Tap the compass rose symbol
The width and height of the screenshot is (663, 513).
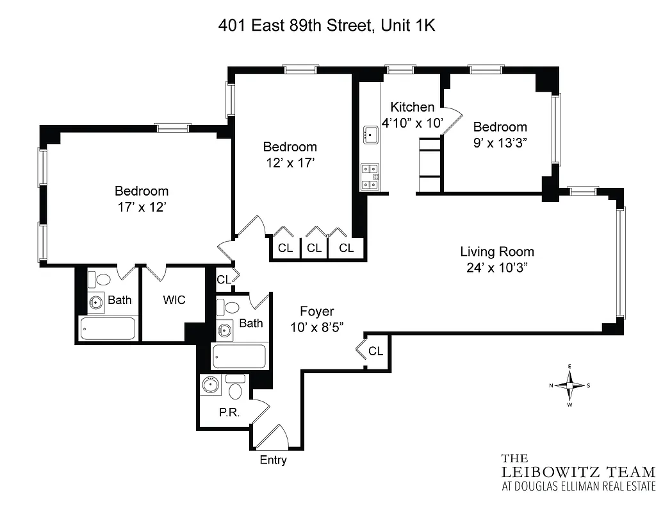click(x=569, y=385)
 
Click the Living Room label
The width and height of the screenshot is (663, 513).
click(x=497, y=252)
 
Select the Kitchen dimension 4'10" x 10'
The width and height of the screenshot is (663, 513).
click(x=413, y=122)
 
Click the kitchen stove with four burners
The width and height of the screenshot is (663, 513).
click(x=370, y=177)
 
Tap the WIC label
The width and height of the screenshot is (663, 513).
click(x=174, y=299)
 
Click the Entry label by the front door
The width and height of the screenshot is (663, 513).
click(x=273, y=460)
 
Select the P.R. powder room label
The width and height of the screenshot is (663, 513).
click(x=229, y=412)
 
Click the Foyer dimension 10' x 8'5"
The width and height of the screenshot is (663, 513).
click(x=317, y=326)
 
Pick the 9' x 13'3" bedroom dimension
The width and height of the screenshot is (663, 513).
click(x=500, y=142)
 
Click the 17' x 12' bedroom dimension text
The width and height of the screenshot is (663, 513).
click(x=142, y=206)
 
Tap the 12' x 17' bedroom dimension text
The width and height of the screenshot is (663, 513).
click(x=290, y=163)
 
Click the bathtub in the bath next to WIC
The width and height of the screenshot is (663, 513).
click(x=108, y=329)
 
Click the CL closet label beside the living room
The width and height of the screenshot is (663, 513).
click(x=375, y=351)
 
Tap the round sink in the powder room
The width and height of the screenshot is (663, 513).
click(x=210, y=385)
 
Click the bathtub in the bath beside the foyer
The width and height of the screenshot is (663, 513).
click(x=239, y=357)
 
